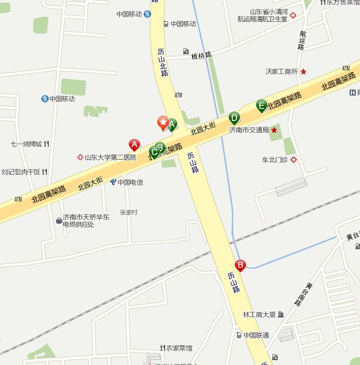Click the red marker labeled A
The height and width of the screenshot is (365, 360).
(x=135, y=144)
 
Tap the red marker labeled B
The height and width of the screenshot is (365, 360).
(x=241, y=265)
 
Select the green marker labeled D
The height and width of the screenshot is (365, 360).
(x=234, y=118)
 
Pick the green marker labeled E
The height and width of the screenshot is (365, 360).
(x=262, y=105)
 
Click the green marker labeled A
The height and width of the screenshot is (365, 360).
(x=172, y=124)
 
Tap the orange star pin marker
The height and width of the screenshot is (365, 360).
(x=163, y=122)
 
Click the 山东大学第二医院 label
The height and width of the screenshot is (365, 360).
(x=110, y=157)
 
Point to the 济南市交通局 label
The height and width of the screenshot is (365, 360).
(x=249, y=130)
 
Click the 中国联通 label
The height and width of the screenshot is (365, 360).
(x=256, y=335)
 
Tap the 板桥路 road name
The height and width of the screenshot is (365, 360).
(x=201, y=55)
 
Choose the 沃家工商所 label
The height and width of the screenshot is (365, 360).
(x=281, y=71)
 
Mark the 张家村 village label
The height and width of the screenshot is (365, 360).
(x=129, y=212)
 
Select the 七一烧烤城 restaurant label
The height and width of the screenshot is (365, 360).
(x=26, y=144)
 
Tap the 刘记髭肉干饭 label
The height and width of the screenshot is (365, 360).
(x=20, y=172)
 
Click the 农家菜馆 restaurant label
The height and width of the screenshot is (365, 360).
(x=179, y=348)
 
